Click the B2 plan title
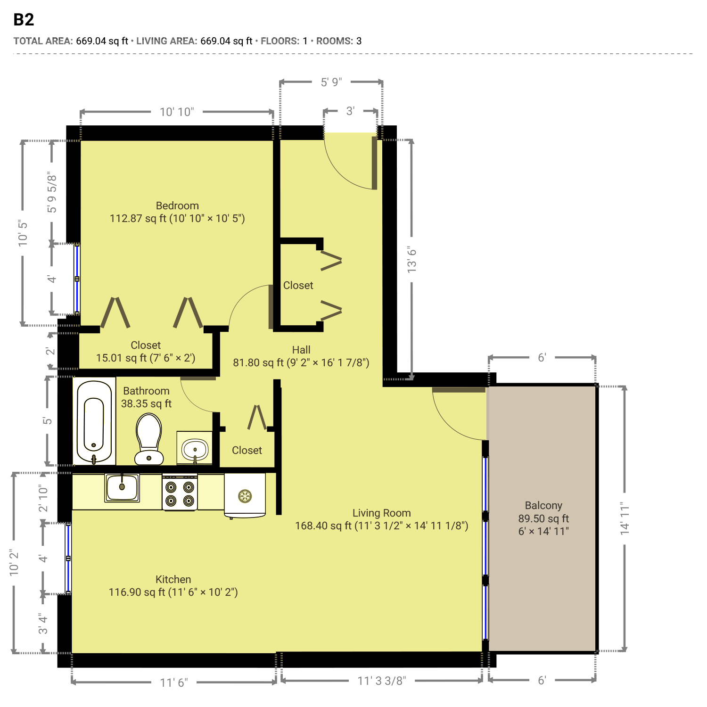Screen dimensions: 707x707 [x=24, y=20]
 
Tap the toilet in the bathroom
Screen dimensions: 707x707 [x=149, y=439]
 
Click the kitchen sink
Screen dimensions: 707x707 [x=122, y=487]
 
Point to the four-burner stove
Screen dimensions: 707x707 [x=180, y=493]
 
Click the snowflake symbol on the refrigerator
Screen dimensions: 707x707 [x=245, y=496]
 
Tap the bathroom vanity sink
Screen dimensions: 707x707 [x=195, y=448]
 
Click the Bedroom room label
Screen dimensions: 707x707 [x=177, y=206]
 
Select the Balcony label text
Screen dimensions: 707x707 [x=543, y=505]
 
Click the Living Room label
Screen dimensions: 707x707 [x=382, y=513]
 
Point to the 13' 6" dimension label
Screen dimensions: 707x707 [x=411, y=260]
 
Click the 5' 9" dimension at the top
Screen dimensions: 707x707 [x=331, y=82]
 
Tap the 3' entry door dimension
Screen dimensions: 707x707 [x=350, y=111]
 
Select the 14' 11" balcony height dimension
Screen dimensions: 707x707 [x=625, y=518]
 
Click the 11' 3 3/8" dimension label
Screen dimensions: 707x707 [x=382, y=681]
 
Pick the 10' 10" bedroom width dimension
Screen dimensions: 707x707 [x=177, y=112]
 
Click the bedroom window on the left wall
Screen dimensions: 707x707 [x=77, y=279]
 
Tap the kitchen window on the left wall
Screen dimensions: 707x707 [x=68, y=559]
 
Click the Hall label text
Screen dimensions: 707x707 [x=301, y=350]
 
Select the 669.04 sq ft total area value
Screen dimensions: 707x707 [x=102, y=41]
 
